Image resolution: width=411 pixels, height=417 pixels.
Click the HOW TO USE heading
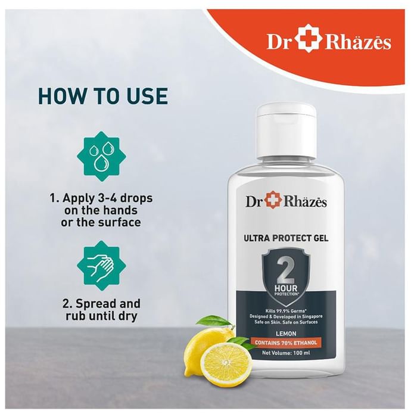[x=103, y=96]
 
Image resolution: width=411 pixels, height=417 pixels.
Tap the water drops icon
[x=101, y=156]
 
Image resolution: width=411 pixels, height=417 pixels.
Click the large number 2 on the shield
[x=285, y=270]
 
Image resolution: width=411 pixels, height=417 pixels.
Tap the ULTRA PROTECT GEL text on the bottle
[x=286, y=238]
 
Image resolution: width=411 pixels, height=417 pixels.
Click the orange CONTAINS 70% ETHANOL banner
[x=286, y=343]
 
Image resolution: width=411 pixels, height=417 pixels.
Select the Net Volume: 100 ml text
[x=286, y=353]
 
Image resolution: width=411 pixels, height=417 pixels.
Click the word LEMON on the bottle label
[x=286, y=334]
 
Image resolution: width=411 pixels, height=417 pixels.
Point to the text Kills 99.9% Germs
[x=286, y=310]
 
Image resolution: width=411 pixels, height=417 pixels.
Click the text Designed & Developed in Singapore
[x=286, y=316]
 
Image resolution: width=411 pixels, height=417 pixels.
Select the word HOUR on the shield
[x=286, y=288]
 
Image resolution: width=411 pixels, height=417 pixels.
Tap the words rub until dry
[x=102, y=316]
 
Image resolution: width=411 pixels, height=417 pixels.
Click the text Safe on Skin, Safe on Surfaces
[x=286, y=322]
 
